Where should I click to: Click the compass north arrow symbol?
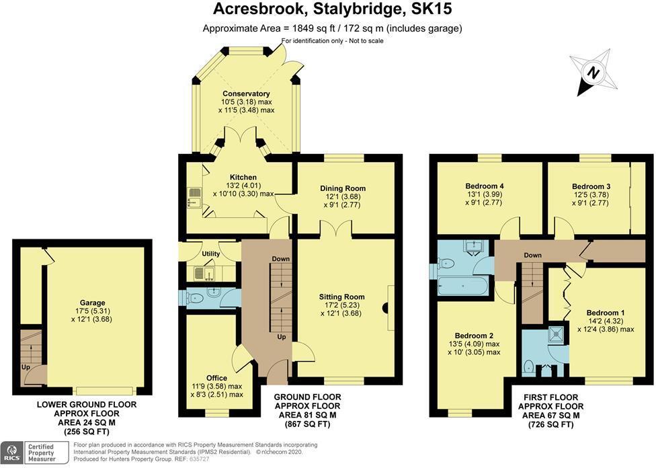coord(591,72)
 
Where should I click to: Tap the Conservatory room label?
coord(246,93)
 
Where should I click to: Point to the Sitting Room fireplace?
coord(386,308)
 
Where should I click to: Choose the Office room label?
coord(217,378)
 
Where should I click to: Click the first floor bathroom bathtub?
coord(462,286)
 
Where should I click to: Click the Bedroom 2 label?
coord(474,336)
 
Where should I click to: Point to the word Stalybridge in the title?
coord(357,9)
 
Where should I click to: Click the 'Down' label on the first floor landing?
coord(532,256)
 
